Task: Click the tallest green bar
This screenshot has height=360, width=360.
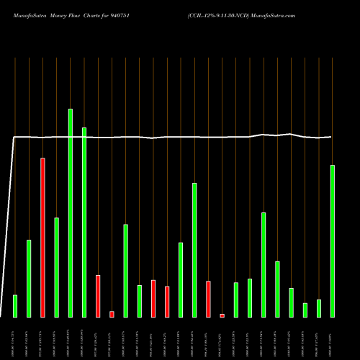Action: click(x=70, y=212)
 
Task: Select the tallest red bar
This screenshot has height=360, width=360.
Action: click(x=42, y=238)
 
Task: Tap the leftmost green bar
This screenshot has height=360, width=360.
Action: click(x=15, y=306)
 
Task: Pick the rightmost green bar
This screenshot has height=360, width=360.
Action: click(x=332, y=241)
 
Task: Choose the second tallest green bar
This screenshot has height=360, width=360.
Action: click(x=84, y=222)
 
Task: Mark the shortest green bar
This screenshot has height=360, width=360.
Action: click(x=305, y=310)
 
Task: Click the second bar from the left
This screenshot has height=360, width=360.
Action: click(x=29, y=278)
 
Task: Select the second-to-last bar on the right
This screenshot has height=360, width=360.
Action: click(x=318, y=308)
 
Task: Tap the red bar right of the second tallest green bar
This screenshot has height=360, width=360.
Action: click(x=98, y=296)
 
